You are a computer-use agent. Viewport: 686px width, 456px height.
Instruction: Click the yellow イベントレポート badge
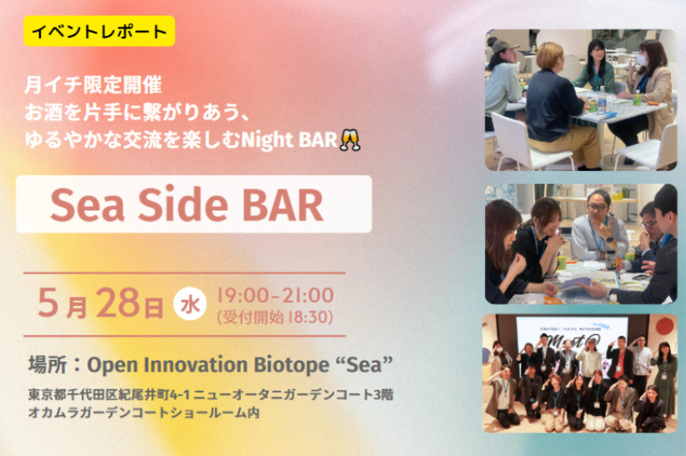click(x=99, y=31)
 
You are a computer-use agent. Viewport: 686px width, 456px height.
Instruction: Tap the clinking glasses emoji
click(x=350, y=140)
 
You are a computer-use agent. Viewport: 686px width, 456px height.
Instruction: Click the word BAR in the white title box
click(x=283, y=205)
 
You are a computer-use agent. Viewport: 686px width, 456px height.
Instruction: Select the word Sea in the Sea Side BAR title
click(x=88, y=205)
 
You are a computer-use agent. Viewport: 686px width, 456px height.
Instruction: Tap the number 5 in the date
click(x=48, y=303)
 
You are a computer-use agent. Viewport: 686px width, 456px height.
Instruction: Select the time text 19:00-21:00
click(x=275, y=295)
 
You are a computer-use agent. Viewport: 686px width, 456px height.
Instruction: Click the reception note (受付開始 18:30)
click(x=275, y=317)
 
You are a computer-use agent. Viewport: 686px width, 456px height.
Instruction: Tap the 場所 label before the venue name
click(x=48, y=364)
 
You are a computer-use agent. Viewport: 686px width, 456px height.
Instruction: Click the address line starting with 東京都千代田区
click(x=211, y=394)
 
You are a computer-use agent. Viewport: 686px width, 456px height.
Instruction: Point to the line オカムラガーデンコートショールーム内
click(x=144, y=413)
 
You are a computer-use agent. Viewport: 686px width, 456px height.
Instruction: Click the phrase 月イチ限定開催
click(x=93, y=84)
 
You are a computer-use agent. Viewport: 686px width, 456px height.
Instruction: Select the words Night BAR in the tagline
click(x=290, y=140)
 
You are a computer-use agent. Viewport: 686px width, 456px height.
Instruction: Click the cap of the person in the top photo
click(x=505, y=45)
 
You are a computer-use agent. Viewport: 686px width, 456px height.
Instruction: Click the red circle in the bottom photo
click(x=664, y=326)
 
